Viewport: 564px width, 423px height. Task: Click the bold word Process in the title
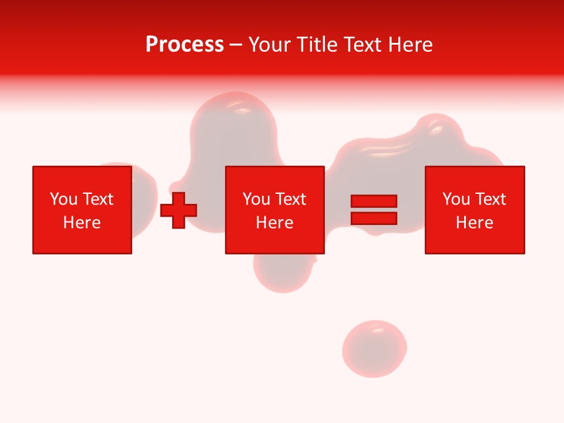pyautogui.click(x=184, y=45)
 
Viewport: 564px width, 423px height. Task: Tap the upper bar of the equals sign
pyautogui.click(x=374, y=202)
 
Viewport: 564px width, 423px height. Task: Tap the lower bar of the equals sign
pyautogui.click(x=374, y=218)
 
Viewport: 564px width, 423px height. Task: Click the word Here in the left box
pyautogui.click(x=82, y=223)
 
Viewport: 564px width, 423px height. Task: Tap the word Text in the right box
pyautogui.click(x=491, y=199)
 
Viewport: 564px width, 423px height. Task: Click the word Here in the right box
pyautogui.click(x=475, y=223)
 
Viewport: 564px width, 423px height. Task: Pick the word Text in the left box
pyautogui.click(x=99, y=199)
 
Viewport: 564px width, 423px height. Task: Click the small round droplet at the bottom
pyautogui.click(x=374, y=348)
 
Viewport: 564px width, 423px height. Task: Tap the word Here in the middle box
pyautogui.click(x=275, y=223)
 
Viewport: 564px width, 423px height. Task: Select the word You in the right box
pyautogui.click(x=456, y=199)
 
